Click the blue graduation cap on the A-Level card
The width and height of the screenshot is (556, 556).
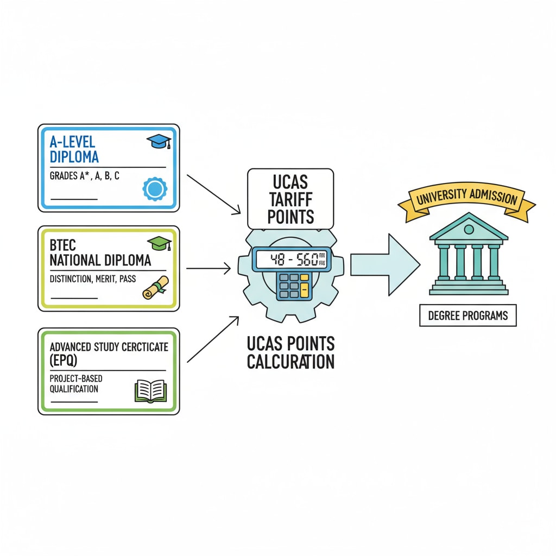tap(159, 142)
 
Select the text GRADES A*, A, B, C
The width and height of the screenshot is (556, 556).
tap(85, 176)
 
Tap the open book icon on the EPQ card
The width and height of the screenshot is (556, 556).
tap(150, 390)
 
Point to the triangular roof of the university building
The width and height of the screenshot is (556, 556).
tap(469, 228)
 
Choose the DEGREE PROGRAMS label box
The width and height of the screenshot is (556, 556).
tap(468, 315)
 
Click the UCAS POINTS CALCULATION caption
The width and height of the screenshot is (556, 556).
tap(290, 352)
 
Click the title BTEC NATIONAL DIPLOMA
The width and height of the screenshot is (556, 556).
tap(99, 254)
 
